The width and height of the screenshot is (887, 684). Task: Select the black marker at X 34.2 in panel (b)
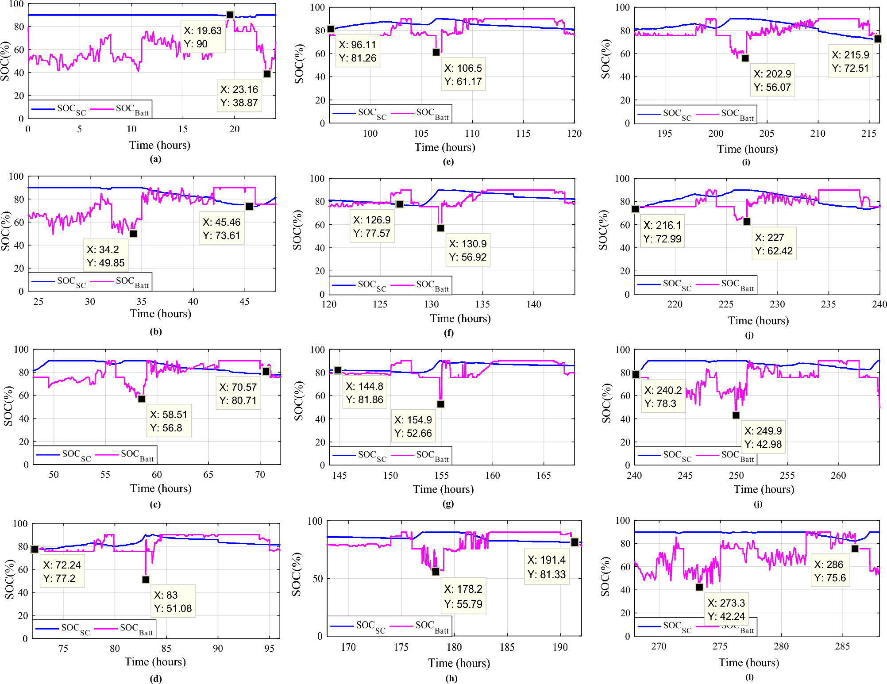pos(133,234)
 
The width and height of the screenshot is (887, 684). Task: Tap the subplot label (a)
pos(155,159)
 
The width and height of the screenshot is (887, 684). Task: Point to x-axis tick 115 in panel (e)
pos(523,133)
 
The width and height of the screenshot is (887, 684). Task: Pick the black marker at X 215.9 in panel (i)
pos(878,39)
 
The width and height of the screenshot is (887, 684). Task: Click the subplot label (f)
pos(448,332)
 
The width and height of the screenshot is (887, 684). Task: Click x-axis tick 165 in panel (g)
pos(544,475)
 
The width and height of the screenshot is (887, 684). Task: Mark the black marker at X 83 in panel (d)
pos(146,579)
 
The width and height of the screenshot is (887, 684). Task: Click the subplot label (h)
pos(451,678)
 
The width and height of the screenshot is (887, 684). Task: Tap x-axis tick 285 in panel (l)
pos(842,646)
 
